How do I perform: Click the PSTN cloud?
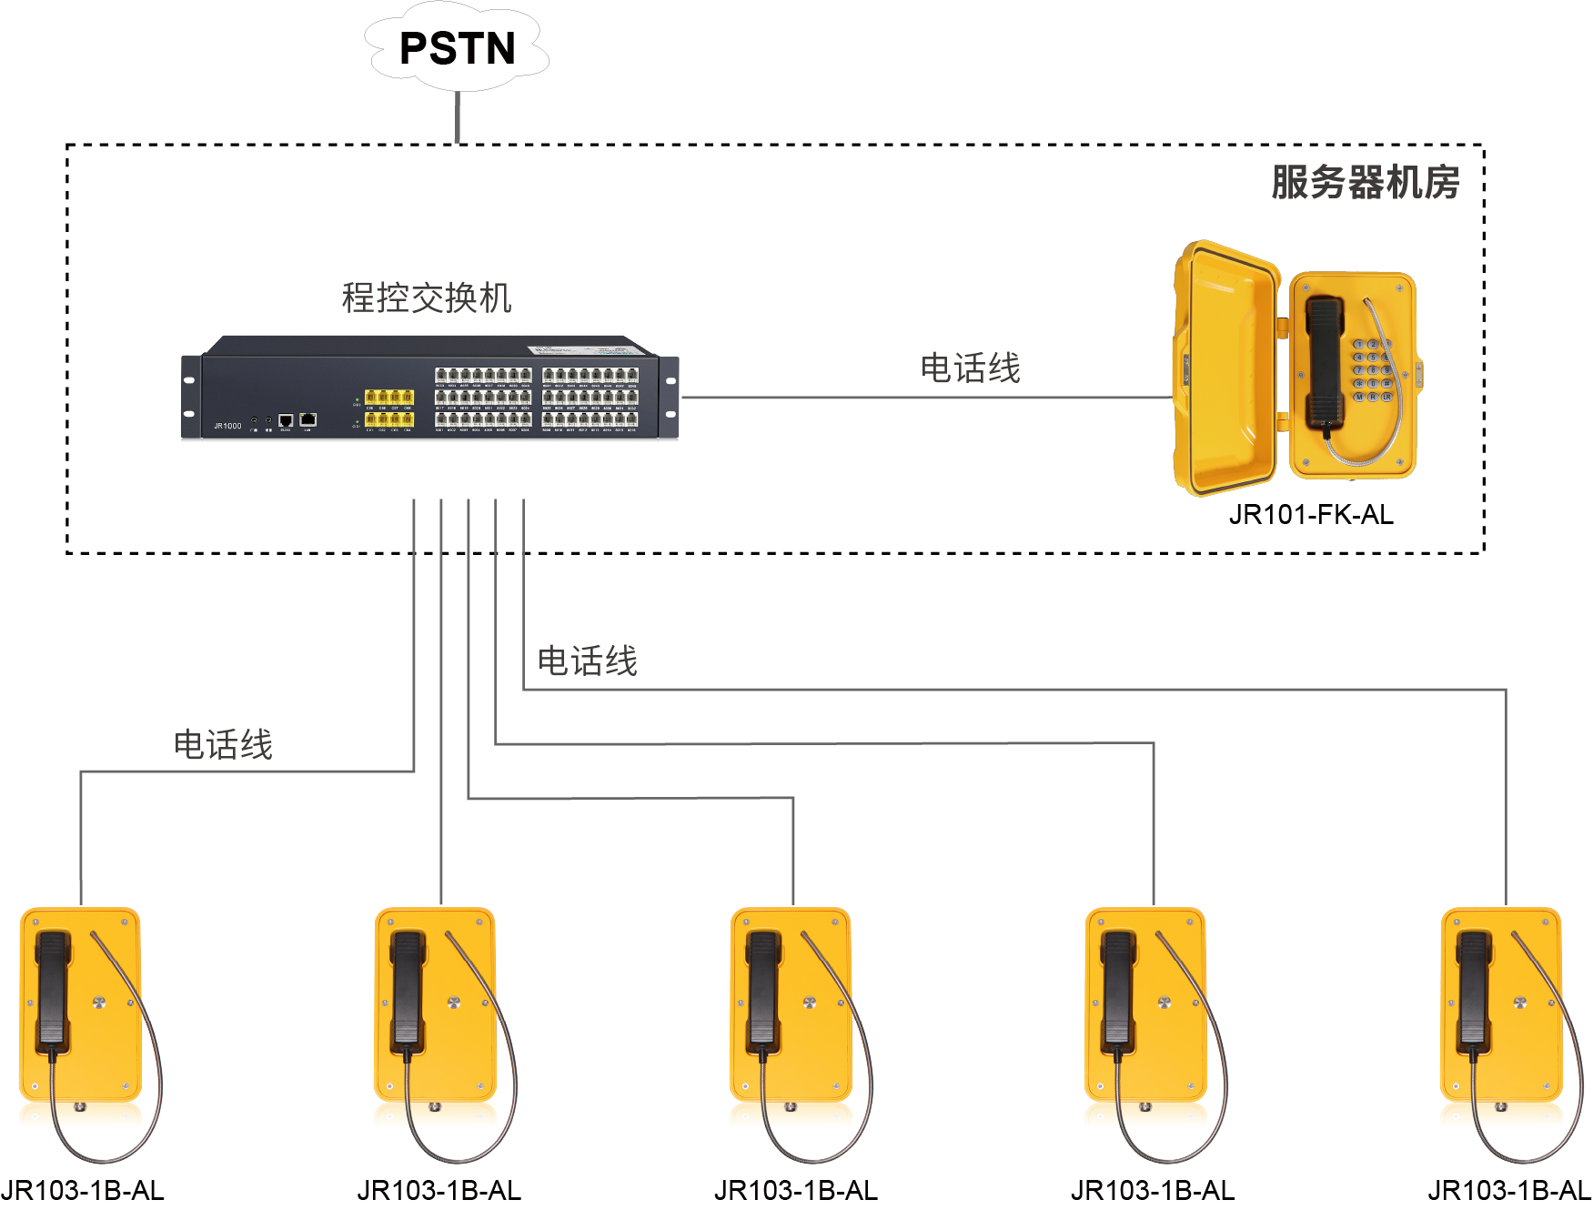click(x=457, y=48)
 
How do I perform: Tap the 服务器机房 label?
click(x=1365, y=182)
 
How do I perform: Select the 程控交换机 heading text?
click(x=427, y=297)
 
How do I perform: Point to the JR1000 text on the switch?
click(x=227, y=426)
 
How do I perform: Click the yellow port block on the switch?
click(x=389, y=408)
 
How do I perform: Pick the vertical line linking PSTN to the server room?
click(x=458, y=117)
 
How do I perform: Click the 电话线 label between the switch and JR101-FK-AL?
click(x=970, y=368)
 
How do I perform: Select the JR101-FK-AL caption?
click(x=1310, y=515)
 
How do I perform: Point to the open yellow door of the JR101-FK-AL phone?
click(x=1224, y=368)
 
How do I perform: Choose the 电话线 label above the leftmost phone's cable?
click(x=223, y=744)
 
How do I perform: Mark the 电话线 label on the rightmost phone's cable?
click(x=588, y=660)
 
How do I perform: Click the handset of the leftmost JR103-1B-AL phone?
click(x=53, y=987)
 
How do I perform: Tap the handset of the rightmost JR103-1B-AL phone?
click(x=1474, y=987)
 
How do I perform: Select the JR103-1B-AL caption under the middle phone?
click(x=795, y=1190)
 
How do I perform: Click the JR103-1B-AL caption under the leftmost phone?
click(x=83, y=1190)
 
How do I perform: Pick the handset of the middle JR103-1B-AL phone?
click(x=763, y=987)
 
